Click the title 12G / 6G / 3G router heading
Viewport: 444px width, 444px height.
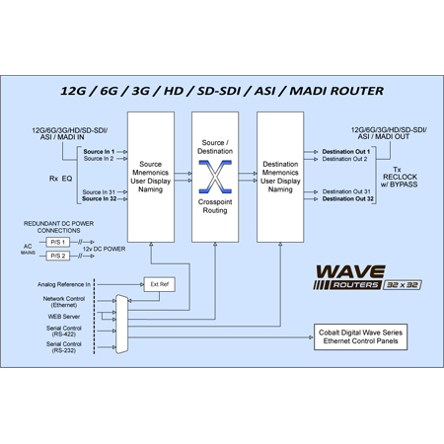coord(222,91)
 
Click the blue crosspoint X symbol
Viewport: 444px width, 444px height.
coord(215,178)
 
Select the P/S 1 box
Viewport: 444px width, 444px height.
coord(58,242)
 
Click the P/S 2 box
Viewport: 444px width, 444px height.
coord(58,256)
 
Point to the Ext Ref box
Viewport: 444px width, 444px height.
coord(160,284)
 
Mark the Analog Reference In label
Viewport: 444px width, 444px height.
coord(64,284)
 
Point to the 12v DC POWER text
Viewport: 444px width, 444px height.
coord(103,249)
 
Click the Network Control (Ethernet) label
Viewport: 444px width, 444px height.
coord(64,302)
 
